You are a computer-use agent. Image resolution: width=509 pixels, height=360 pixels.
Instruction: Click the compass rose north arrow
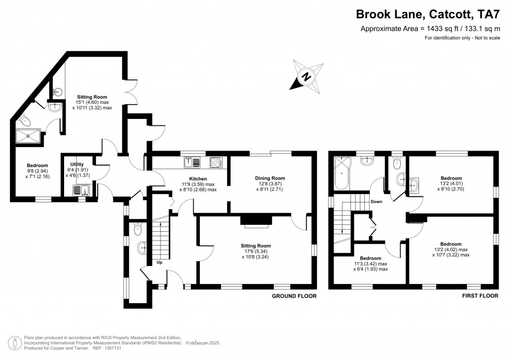click(307, 77)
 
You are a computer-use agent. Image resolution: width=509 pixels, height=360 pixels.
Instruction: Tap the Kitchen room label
click(198, 179)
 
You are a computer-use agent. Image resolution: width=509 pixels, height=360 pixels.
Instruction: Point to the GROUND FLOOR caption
click(294, 296)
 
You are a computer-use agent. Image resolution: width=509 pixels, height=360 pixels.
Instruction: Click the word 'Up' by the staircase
click(160, 262)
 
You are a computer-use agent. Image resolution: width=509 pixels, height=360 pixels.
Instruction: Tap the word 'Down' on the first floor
click(376, 202)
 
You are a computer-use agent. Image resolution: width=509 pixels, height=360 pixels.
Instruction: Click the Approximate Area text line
click(430, 29)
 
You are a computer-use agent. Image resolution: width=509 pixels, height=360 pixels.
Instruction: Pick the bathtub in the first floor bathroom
click(342, 173)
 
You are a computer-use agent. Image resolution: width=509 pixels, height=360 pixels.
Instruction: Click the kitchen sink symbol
click(192, 162)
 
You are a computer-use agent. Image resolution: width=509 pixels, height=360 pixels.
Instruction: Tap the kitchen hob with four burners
click(217, 162)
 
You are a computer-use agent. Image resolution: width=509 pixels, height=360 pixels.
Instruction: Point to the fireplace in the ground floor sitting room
click(255, 221)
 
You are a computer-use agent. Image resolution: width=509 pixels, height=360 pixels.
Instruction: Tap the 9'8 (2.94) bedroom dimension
click(38, 171)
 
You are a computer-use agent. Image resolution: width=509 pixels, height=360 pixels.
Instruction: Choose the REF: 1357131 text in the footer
click(104, 348)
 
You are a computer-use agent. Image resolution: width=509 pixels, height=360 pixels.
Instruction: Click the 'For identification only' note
click(462, 38)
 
